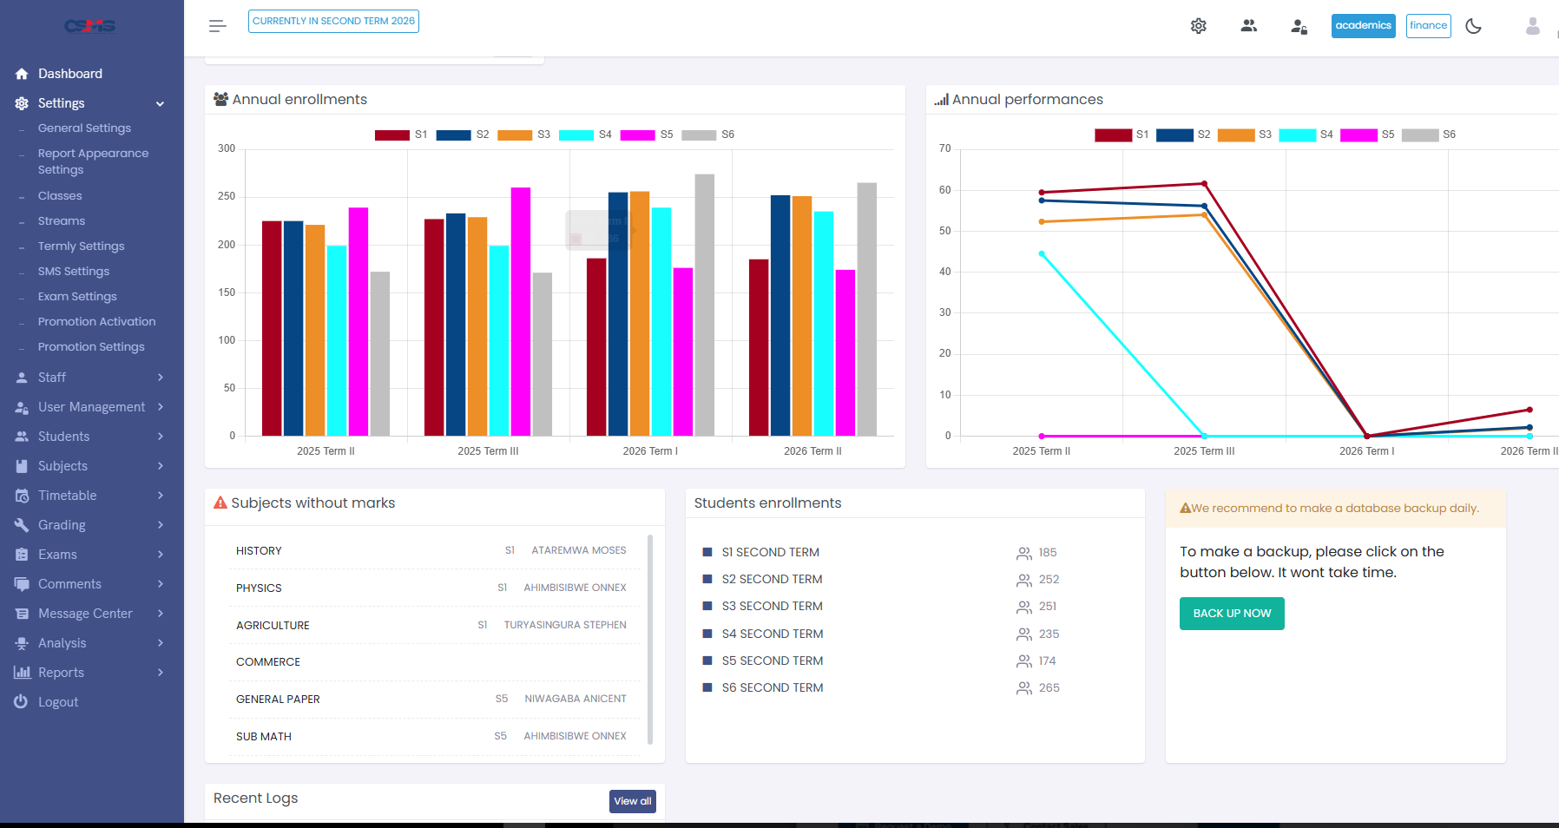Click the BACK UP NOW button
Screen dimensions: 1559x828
point(1232,614)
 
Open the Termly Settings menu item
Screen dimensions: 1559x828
point(82,246)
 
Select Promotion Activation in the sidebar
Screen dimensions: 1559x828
point(97,322)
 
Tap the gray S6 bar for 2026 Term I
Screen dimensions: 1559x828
point(705,305)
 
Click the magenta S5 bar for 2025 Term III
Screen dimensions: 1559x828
point(521,312)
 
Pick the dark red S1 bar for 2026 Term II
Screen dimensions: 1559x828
point(759,347)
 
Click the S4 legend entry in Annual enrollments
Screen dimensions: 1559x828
point(586,135)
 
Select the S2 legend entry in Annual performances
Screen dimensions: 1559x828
point(1184,135)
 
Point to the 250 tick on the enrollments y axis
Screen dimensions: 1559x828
point(227,196)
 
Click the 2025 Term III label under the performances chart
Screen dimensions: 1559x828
point(1204,451)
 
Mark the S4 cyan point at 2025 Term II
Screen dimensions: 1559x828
point(1042,254)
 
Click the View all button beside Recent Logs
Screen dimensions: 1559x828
point(633,801)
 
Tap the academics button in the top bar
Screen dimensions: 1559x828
point(1364,26)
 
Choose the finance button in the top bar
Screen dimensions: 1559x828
point(1429,26)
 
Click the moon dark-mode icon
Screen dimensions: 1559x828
point(1474,26)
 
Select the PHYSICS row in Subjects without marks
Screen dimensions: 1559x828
point(431,588)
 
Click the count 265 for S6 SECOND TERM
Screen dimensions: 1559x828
point(1049,688)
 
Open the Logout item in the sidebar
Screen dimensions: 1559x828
point(58,702)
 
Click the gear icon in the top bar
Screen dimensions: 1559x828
point(1199,26)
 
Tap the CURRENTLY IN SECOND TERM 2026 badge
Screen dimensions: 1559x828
point(333,22)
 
